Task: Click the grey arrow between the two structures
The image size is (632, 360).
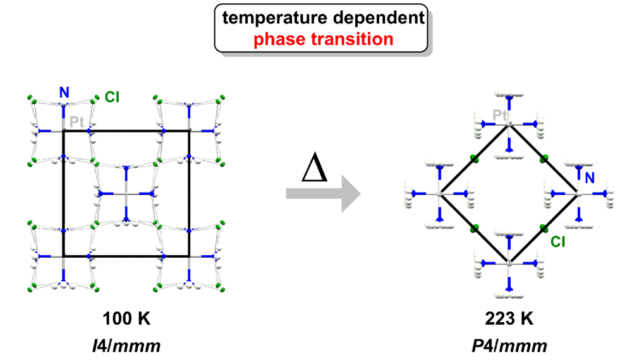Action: coord(323,194)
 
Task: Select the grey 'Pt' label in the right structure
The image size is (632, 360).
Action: coord(501,115)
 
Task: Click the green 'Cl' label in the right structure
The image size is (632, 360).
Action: coord(557,241)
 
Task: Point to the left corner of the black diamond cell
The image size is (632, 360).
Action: coord(440,194)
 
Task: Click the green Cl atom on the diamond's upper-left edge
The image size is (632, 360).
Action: coord(473,159)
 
